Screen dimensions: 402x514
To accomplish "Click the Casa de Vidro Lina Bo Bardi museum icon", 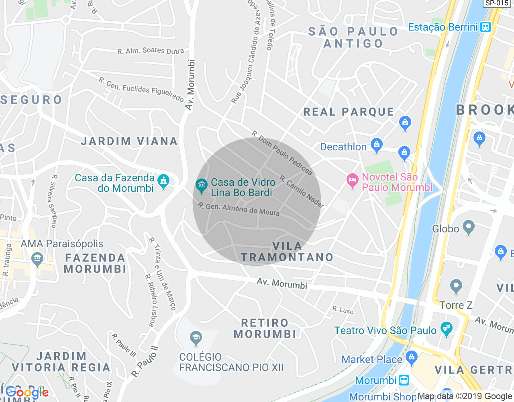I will (201, 185).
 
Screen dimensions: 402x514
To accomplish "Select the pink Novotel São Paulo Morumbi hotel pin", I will (352, 180).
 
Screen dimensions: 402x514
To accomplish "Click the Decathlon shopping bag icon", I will (376, 145).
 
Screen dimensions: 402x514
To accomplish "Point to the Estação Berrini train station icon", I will (485, 27).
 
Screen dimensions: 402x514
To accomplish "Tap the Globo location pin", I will (468, 228).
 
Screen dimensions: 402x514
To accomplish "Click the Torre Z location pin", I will (456, 287).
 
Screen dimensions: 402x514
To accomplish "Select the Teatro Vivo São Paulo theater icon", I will (446, 329).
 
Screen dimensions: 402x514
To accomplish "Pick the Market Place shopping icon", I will (412, 357).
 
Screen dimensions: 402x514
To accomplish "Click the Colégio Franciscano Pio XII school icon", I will (196, 338).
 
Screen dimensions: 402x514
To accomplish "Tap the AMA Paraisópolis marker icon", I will (37, 259).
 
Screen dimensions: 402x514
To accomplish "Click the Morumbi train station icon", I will (404, 380).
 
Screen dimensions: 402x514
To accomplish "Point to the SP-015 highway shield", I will (497, 3).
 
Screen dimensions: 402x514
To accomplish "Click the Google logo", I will (27, 392).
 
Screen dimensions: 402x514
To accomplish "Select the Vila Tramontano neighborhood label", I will (287, 252).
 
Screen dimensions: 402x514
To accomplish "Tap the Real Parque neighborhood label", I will (349, 112).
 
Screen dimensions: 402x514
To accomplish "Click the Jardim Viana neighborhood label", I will (129, 141).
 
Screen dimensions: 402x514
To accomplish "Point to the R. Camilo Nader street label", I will (302, 192).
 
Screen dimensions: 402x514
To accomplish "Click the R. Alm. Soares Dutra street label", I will (151, 51).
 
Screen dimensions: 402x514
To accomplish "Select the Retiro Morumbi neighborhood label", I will (265, 328).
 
